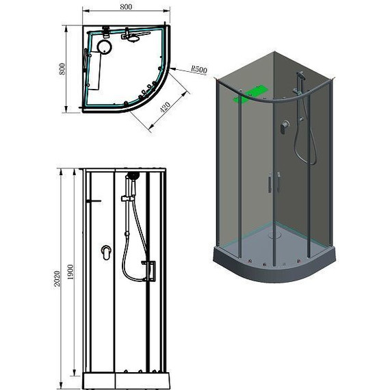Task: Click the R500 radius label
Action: pos(199,69)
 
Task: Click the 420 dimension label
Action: pos(165,107)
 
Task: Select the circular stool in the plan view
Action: pos(105,47)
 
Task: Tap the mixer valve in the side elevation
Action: pos(106,252)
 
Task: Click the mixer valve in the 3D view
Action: pos(285,127)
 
